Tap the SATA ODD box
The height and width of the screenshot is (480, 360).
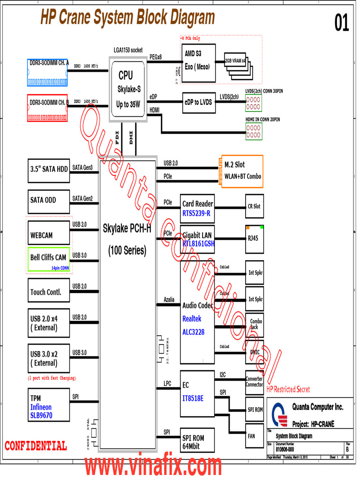pos(49,201)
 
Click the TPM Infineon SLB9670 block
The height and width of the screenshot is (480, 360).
pos(49,405)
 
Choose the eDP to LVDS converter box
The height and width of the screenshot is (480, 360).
pos(198,103)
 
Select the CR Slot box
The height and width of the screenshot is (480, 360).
pos(254,206)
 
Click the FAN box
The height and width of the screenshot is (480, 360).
pos(254,435)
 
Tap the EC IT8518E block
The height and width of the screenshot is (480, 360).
pos(197,392)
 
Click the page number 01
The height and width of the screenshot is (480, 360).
pos(342,23)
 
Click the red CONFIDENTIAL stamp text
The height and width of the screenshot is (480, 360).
pos(36,446)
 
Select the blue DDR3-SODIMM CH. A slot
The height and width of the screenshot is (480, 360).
pos(48,72)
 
